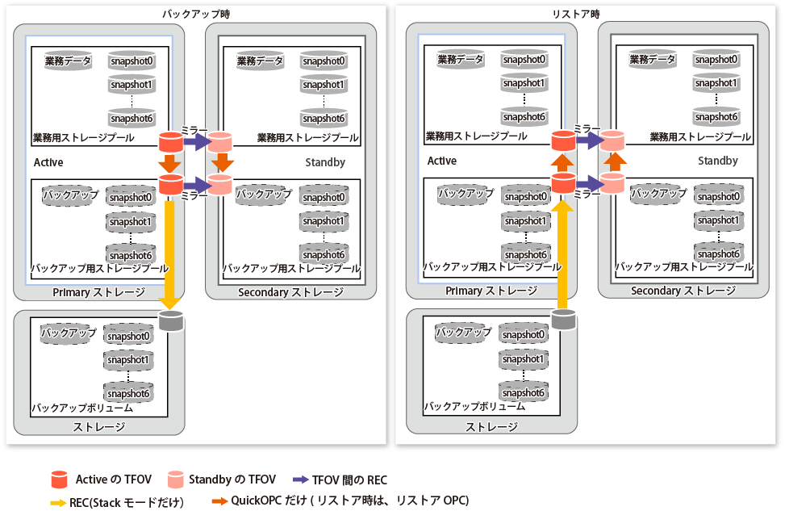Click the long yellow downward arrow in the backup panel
169,250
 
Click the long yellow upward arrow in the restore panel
564,250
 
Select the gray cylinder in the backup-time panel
170,320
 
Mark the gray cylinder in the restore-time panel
564,319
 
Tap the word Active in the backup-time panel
48,162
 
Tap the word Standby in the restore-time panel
718,161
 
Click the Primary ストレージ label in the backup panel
98,292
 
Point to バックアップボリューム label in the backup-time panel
81,408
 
